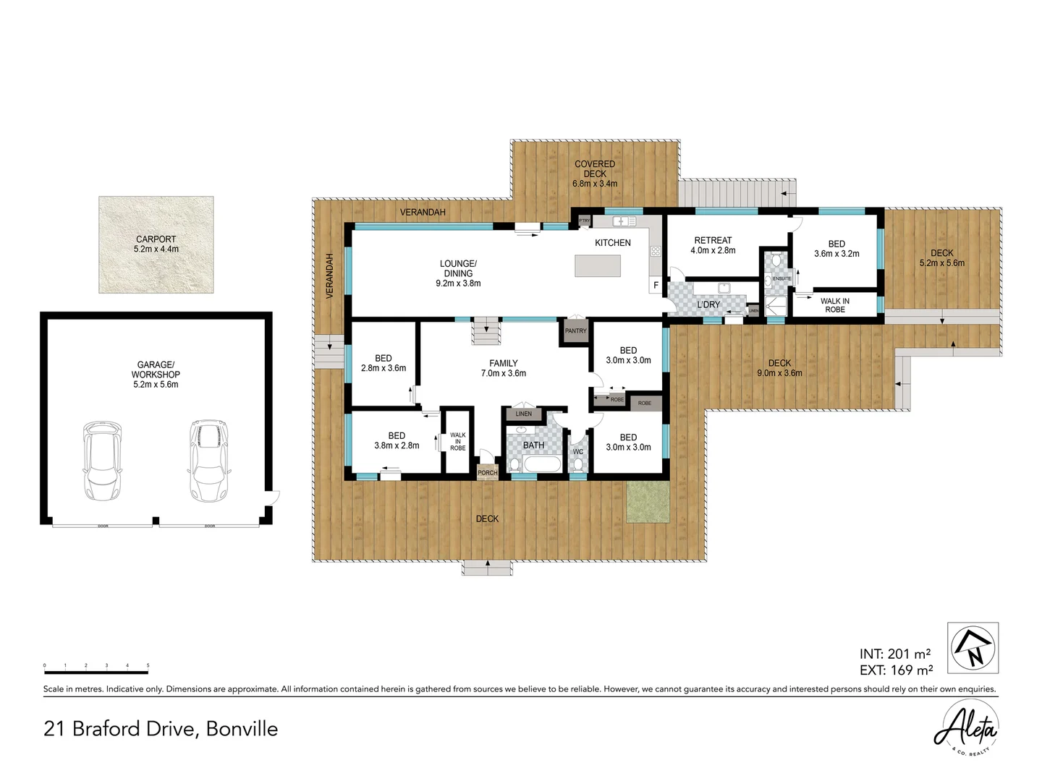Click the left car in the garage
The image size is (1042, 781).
102,461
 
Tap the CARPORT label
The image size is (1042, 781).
156,244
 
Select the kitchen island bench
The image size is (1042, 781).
598,265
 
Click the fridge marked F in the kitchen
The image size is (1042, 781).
656,285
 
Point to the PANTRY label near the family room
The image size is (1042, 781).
576,331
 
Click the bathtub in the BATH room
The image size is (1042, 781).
542,464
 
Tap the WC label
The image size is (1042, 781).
578,452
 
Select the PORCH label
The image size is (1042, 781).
488,473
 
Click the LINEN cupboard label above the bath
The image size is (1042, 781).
524,414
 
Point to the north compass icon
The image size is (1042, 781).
973,648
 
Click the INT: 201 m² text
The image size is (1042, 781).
895,654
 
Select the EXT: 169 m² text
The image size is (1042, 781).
896,670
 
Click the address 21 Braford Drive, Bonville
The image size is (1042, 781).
161,728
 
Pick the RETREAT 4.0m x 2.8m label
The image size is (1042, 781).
713,245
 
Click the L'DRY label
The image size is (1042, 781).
708,304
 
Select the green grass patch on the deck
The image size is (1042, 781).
648,502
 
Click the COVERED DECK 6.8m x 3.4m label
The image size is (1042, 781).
595,174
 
